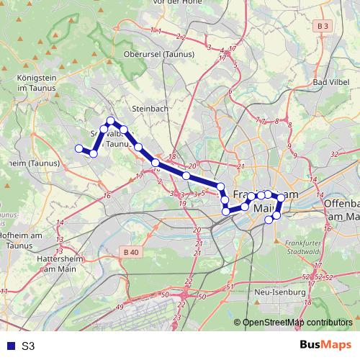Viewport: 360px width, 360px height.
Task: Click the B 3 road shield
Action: pos(325,26)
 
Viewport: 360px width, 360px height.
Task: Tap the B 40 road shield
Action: pos(130,252)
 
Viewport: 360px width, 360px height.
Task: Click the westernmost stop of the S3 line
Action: pos(78,149)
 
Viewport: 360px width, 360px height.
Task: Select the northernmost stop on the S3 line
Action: pos(111,121)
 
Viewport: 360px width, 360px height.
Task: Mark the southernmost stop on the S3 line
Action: pos(270,220)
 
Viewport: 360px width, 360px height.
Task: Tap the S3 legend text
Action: pos(27,346)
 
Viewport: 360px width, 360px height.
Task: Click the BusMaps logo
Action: pos(325,345)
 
